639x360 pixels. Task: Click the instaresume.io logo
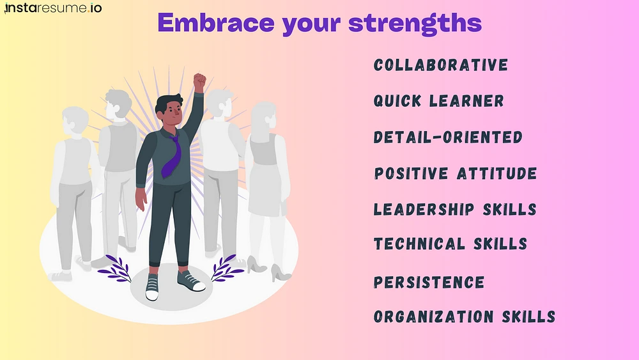[53, 8]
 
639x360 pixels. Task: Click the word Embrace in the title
[215, 22]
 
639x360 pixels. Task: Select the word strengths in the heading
[415, 24]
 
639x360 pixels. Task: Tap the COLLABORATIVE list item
[441, 65]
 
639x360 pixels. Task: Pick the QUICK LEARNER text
[439, 100]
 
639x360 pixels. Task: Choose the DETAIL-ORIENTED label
[448, 137]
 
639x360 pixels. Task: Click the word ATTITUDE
[497, 173]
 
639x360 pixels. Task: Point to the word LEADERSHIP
[424, 209]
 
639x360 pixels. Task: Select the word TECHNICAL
[419, 244]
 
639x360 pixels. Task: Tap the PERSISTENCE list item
[429, 282]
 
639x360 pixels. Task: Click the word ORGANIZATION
[434, 317]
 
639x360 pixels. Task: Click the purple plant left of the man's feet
[115, 269]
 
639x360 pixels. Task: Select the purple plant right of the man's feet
[227, 268]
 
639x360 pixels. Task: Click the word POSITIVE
[411, 173]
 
